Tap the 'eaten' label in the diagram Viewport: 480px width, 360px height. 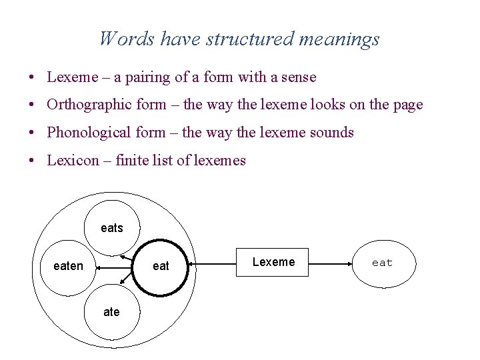[x=68, y=267]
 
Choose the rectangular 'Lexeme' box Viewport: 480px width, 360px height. [x=273, y=262]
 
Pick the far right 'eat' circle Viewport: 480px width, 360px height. [x=382, y=263]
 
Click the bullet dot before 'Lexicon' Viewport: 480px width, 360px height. [x=32, y=161]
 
